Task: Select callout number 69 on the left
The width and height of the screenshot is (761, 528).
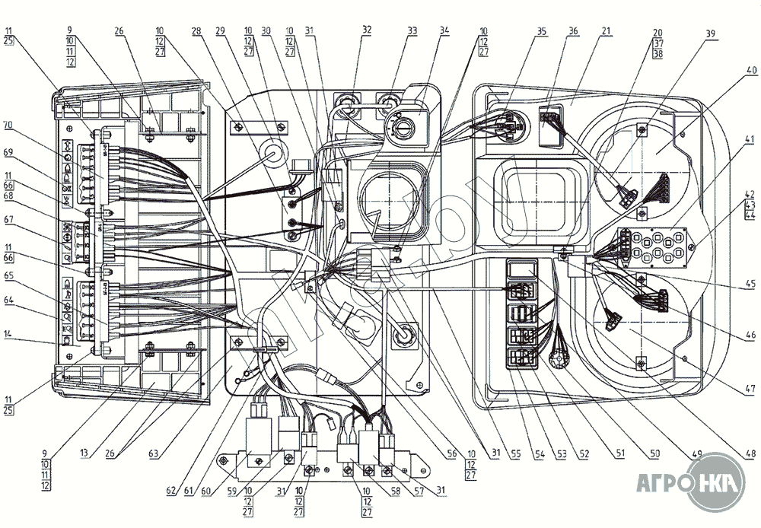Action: click(x=9, y=153)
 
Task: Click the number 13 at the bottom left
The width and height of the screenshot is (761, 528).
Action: click(x=85, y=454)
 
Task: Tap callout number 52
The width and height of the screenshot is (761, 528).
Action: click(x=584, y=454)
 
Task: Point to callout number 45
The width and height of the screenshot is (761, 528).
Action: click(x=750, y=286)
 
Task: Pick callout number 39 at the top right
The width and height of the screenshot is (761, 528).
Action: click(x=711, y=33)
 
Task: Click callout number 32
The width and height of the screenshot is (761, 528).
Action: click(x=368, y=31)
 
